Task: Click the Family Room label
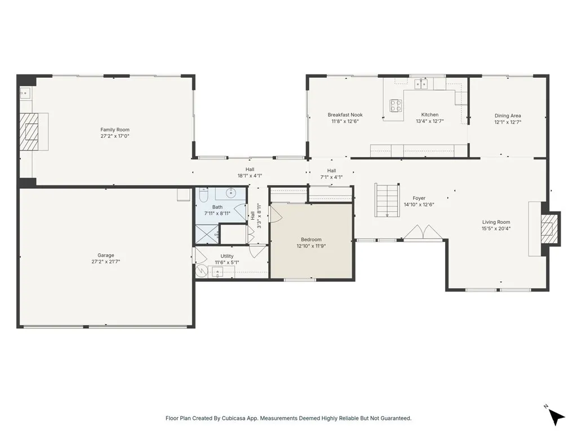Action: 115,130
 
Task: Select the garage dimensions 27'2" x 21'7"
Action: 106,262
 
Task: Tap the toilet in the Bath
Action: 203,195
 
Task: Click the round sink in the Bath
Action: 231,193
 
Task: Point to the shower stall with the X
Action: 206,233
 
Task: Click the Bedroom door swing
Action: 276,213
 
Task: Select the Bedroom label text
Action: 311,240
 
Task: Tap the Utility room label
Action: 227,256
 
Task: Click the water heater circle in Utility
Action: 202,272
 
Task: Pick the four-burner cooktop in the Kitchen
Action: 396,105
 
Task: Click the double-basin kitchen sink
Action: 422,85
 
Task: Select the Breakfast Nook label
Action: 345,115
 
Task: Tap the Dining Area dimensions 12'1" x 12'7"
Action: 508,122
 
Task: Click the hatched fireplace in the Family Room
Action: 29,131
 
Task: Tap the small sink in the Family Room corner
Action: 25,93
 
